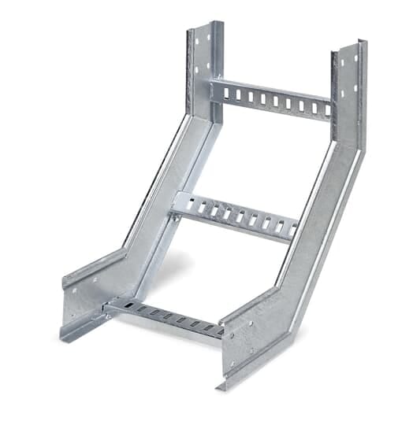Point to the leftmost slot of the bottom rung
(x=127, y=306)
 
